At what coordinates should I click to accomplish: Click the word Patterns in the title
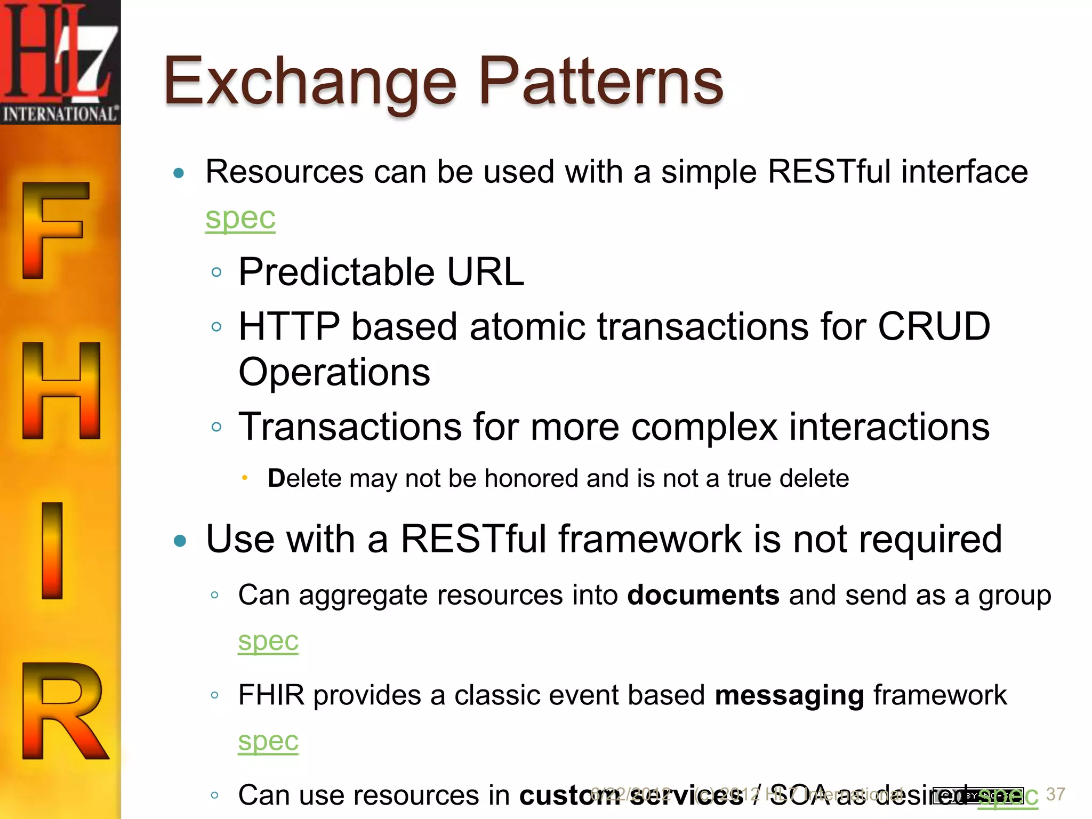pos(601,81)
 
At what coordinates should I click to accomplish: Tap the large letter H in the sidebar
pos(61,391)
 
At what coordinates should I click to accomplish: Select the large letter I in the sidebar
pos(52,550)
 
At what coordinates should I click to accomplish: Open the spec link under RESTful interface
pos(240,218)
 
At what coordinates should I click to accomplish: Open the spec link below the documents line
pos(268,640)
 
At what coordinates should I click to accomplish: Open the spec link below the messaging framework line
pos(268,741)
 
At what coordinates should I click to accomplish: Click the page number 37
pos(1055,794)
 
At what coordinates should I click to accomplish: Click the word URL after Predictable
pos(485,272)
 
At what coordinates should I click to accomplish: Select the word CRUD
pos(934,326)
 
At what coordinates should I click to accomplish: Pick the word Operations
pos(334,372)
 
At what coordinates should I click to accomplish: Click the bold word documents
pos(703,595)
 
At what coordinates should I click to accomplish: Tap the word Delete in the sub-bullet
pos(304,478)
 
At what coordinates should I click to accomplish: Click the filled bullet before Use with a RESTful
pos(180,541)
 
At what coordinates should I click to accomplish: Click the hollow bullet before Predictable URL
pos(216,272)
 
